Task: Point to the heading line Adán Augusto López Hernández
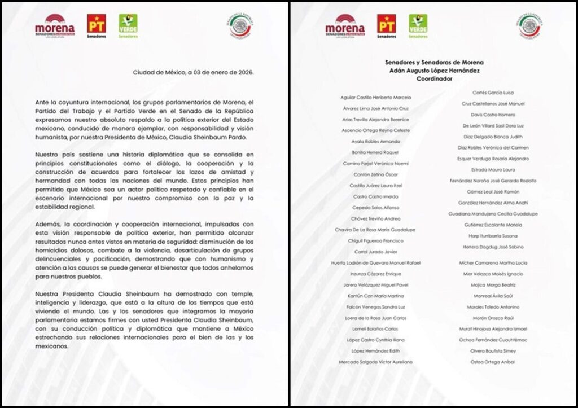click(435, 71)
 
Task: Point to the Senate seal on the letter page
click(241, 26)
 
